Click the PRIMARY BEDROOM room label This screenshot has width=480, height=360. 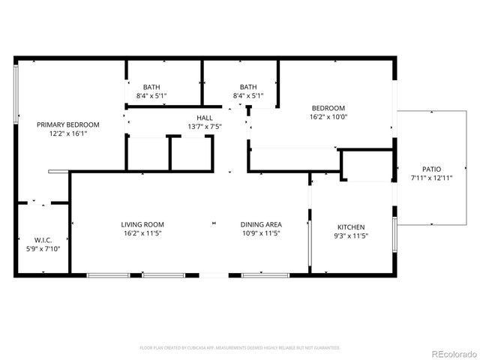(68, 124)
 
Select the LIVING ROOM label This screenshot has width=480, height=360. (142, 224)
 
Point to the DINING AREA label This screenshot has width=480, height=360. (261, 224)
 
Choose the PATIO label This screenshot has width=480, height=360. (431, 169)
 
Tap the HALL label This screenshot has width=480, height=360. (205, 118)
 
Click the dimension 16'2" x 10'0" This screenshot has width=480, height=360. (328, 116)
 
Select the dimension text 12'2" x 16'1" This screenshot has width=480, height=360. (68, 133)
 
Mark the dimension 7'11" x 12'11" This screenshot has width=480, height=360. (431, 178)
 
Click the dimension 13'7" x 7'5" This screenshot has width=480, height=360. (205, 127)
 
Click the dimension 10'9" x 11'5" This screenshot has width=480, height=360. (261, 233)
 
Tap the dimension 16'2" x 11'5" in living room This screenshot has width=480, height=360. (142, 233)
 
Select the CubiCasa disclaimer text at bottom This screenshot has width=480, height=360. (240, 348)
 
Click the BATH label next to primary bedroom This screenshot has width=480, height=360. (151, 87)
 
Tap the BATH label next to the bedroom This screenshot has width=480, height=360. (248, 87)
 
